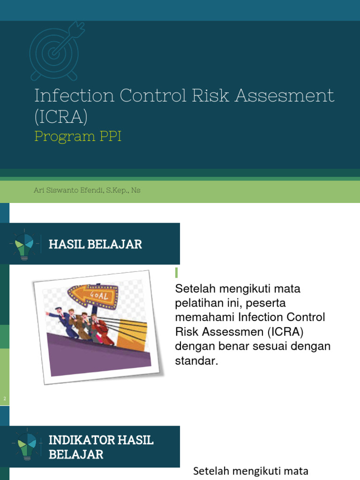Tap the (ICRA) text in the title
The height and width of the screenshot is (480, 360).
coord(61,117)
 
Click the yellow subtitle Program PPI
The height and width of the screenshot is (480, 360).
coord(78,138)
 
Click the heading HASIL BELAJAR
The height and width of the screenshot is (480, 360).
coord(95,244)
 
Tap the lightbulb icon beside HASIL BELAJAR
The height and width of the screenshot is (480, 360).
coord(23,244)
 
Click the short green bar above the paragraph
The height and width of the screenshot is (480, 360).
coord(177,272)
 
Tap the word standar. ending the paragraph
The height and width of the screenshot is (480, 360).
coord(196,361)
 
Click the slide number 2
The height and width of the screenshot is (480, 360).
coord(4,399)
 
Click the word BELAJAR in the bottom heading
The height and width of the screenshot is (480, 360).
coord(76,454)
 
